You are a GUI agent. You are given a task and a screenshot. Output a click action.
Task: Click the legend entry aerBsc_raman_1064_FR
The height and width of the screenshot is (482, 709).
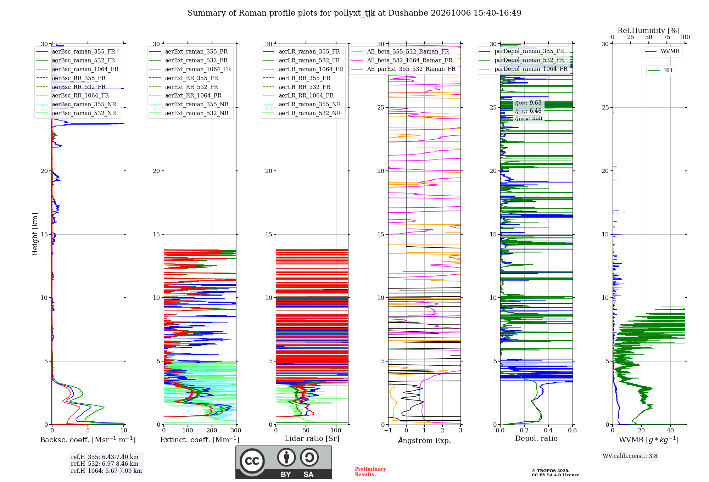(77, 69)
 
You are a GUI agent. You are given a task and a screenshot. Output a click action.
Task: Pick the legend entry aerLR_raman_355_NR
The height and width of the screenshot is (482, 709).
(302, 104)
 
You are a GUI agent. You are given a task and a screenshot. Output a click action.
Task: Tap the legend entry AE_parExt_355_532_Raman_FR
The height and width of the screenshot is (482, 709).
(403, 69)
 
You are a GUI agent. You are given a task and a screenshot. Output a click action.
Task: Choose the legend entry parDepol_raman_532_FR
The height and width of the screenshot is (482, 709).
(521, 60)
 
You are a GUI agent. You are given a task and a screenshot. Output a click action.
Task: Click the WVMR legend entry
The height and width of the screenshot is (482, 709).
(663, 51)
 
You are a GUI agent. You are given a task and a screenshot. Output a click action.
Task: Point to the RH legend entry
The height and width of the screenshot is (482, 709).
(660, 71)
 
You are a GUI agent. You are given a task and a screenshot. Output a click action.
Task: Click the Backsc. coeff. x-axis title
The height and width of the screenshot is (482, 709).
(88, 440)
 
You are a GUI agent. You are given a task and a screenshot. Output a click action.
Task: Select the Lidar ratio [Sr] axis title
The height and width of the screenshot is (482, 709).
(312, 438)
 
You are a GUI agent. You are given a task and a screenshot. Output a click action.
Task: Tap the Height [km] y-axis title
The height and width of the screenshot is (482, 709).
(35, 234)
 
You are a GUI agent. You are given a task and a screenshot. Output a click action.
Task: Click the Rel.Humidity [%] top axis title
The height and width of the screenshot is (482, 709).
(649, 30)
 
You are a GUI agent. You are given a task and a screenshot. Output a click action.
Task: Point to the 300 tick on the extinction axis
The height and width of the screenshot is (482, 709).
(236, 430)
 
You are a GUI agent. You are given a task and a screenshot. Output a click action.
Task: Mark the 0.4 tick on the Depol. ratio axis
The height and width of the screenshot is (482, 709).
(548, 430)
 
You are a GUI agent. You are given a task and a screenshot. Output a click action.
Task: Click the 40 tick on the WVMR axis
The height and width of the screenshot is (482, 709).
(670, 430)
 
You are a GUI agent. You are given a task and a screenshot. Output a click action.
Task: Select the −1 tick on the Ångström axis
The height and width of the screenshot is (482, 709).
(388, 430)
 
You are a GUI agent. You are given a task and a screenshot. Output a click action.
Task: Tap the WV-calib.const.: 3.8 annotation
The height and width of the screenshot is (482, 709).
(630, 456)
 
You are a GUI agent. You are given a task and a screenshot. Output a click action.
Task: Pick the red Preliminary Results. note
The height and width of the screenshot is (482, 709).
(370, 472)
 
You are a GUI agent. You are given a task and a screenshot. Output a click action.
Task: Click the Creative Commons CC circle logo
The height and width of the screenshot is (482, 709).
(252, 461)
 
